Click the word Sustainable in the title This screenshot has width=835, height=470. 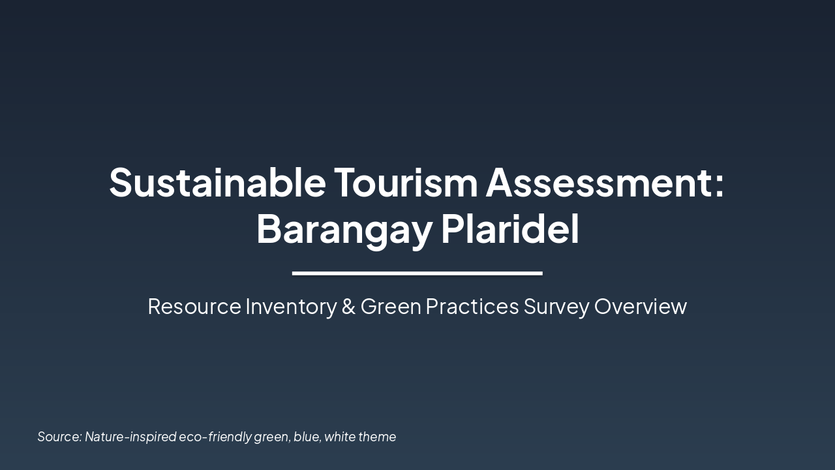pos(217,182)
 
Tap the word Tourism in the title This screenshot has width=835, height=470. pos(406,182)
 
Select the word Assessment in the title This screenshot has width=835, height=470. pos(599,182)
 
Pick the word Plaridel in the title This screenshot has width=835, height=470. pos(510,229)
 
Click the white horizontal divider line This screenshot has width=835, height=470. pos(417,273)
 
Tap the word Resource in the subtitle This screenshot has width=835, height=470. pos(194,306)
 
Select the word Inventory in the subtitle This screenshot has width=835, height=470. pos(290,306)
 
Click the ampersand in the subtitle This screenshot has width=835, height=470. pos(348,306)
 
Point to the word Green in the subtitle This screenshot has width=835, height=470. pos(391,306)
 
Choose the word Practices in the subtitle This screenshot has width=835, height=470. pos(472,306)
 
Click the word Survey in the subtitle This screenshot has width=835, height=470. pos(556,306)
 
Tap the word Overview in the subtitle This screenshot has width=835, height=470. pos(641,306)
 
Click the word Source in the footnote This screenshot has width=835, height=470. pos(60,437)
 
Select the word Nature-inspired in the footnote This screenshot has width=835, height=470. pos(130,437)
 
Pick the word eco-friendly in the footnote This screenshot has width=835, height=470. pos(215,437)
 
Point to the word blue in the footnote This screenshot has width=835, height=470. pos(307,437)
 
